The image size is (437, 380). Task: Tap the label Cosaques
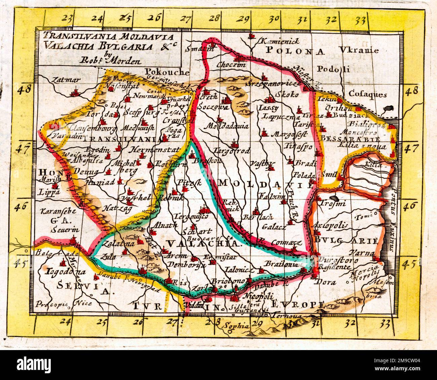pyautogui.click(x=368, y=94)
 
